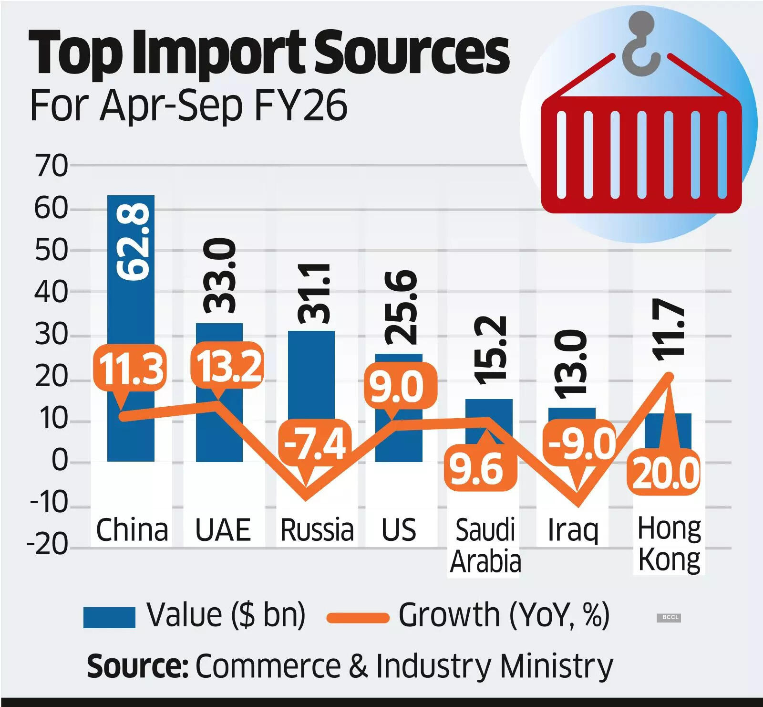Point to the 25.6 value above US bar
[x=401, y=307]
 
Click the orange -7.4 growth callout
[x=315, y=444]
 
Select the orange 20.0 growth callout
[x=666, y=473]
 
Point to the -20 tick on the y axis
[x=48, y=544]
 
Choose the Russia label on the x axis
[x=317, y=530]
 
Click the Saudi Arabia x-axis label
[x=485, y=545]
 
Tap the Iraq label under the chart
[x=572, y=530]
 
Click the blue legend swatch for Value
[x=109, y=617]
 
